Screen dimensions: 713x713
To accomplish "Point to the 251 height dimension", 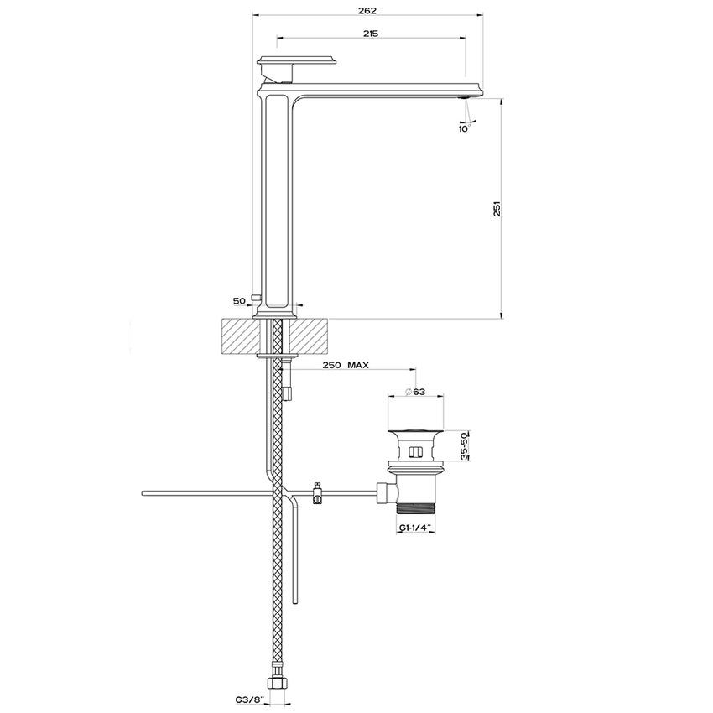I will coord(497,209).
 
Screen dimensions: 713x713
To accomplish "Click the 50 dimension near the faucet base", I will coord(239,299).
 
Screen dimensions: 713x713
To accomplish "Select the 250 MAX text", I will coord(346,367).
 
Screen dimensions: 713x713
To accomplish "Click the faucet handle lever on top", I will coord(298,61).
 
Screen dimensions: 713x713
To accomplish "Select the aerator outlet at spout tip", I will coord(462,98).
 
